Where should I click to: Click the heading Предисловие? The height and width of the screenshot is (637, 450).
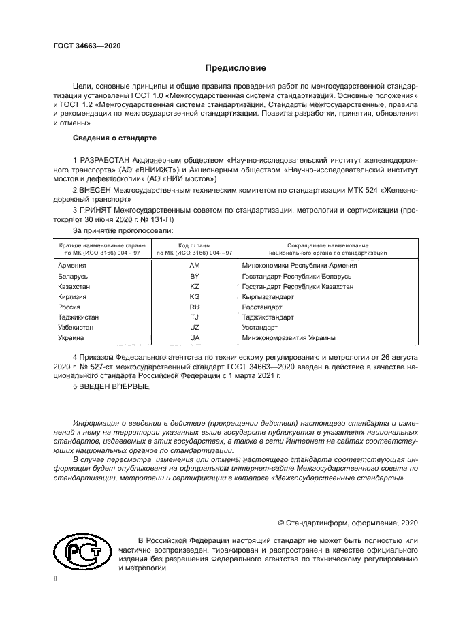236,68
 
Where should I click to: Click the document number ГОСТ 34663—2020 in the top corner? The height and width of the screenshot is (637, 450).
86,46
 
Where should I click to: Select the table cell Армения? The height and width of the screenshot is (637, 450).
72,266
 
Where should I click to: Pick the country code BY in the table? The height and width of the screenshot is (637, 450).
194,276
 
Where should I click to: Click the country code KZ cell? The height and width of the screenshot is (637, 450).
194,286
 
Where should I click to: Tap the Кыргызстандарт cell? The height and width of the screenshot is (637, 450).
268,297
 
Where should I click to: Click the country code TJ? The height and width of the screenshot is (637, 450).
194,317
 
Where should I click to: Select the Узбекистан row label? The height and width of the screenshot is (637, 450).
77,328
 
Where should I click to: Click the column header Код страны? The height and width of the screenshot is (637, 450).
194,245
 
